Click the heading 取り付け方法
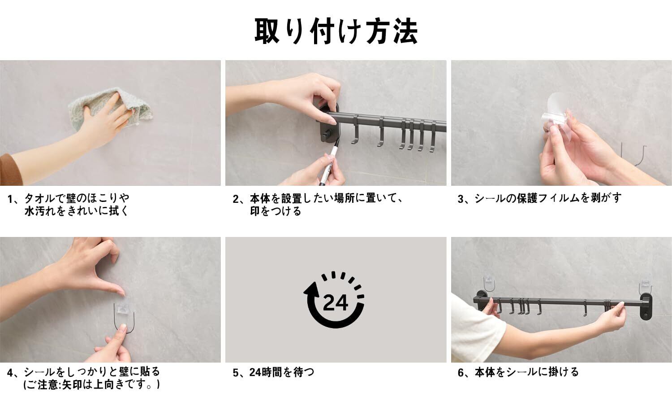(x=336, y=31)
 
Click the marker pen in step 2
(x=329, y=162)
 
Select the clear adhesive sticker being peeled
(x=558, y=114)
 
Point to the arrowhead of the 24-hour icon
(x=311, y=289)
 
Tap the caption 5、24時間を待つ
(x=274, y=372)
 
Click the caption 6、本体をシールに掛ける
(x=518, y=372)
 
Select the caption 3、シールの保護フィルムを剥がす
(x=539, y=198)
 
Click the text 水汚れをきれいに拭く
(x=77, y=211)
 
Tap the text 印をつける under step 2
(x=276, y=211)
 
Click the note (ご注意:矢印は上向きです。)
(x=91, y=385)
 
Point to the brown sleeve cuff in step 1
(x=10, y=170)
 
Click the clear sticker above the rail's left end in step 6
(x=489, y=284)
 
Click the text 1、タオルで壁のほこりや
(x=69, y=198)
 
